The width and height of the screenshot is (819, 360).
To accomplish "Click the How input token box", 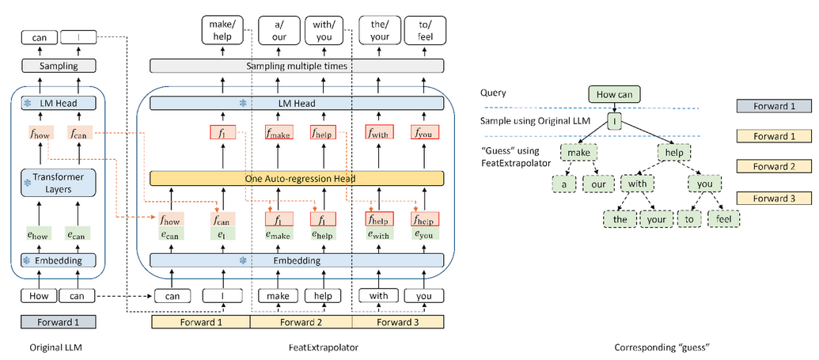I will (x=39, y=297).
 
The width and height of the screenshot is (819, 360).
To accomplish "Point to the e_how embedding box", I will (x=40, y=233).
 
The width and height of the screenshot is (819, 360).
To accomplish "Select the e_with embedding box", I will (x=380, y=233).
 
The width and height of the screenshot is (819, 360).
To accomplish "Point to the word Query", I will (x=495, y=92).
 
